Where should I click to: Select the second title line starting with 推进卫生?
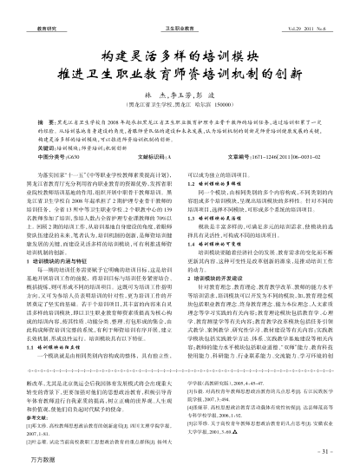tap(180, 57)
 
